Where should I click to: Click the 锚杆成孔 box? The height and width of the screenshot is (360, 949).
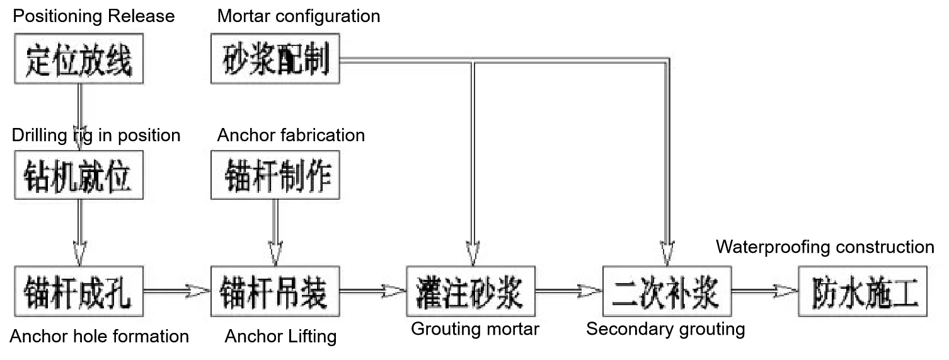coord(79,291)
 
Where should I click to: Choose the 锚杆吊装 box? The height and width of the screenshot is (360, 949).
coord(275,291)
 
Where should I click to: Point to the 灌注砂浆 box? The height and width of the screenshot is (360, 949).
coord(471,291)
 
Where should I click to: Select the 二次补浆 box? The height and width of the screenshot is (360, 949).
coord(667,291)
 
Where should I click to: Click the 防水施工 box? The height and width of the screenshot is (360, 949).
coord(863,291)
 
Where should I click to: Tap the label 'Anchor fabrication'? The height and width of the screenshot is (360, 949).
coord(290,135)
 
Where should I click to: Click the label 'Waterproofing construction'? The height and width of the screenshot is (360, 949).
coord(825,247)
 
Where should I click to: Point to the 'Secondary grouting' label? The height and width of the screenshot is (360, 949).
coord(665,328)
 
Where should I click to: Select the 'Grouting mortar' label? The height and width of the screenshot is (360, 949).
coord(474,328)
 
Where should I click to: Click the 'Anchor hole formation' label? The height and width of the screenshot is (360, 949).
coord(100,336)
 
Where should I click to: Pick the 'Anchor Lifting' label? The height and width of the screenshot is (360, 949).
coord(280,336)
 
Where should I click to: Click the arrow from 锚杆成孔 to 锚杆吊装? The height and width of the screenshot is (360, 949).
coord(177,291)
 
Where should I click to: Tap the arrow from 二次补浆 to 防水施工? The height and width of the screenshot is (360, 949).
coord(764,291)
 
